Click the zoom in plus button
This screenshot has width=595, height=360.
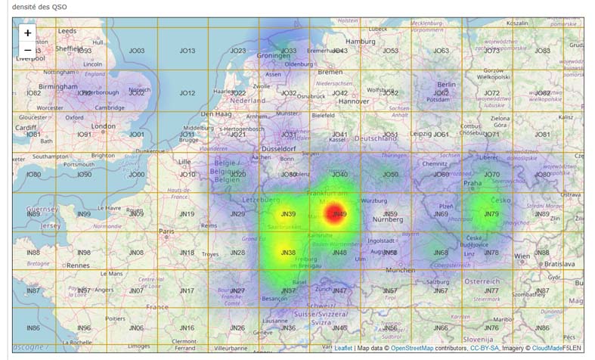point(28,33)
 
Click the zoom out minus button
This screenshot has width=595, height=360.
point(28,50)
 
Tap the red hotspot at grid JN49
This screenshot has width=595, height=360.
point(336,214)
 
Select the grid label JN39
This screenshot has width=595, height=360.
point(287,214)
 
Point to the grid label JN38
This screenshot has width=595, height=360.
point(287,253)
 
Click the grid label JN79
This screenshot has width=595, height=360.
point(491,214)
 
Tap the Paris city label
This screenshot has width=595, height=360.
point(166,231)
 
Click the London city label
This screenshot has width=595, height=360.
point(103,126)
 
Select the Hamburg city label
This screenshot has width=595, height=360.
point(361,41)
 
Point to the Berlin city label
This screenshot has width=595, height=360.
point(446,85)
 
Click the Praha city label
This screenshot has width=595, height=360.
point(473,183)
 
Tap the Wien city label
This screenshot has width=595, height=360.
point(522,256)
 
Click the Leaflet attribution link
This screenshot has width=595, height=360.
point(344,348)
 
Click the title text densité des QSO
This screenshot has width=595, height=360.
point(39,8)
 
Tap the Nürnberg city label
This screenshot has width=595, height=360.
point(388,219)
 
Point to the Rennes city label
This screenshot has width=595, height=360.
point(78,265)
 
